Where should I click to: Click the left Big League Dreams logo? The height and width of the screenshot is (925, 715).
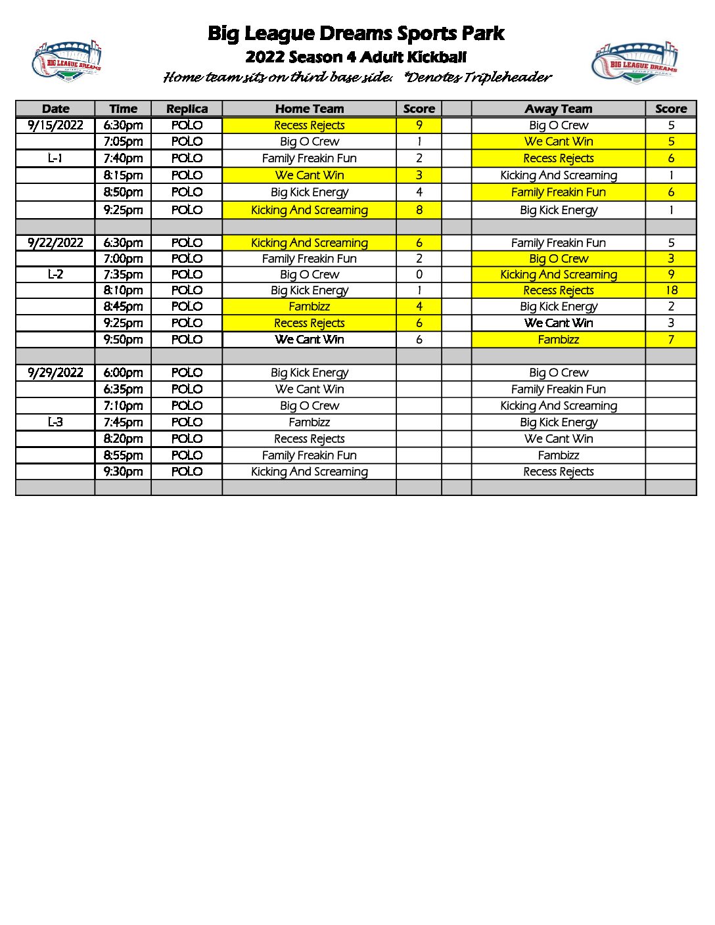(x=66, y=61)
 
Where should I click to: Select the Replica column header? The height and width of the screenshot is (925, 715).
(x=187, y=109)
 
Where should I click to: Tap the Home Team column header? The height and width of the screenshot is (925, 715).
(x=309, y=109)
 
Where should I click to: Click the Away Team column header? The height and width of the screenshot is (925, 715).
(x=558, y=109)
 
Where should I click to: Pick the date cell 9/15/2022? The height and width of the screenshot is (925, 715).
(x=55, y=125)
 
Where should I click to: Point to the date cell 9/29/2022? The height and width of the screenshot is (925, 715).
(x=55, y=372)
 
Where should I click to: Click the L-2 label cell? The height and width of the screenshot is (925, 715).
(x=55, y=275)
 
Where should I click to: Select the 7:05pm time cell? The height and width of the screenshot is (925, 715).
(x=123, y=141)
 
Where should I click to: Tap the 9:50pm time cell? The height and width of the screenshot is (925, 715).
(x=123, y=340)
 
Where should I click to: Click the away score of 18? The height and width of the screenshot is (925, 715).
(x=671, y=290)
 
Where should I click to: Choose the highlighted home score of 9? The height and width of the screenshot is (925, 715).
(x=419, y=125)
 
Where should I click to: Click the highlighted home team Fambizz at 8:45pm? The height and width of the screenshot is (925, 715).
(x=309, y=307)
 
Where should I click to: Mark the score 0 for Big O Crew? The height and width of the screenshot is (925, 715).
(x=419, y=275)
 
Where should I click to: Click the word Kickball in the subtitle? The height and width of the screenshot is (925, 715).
(x=436, y=57)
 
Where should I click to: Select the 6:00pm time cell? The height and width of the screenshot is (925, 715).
(x=123, y=372)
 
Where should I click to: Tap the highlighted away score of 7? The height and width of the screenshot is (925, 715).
(x=671, y=340)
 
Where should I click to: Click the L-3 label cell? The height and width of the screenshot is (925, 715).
(x=55, y=422)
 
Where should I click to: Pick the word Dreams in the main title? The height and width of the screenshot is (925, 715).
(x=356, y=34)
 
